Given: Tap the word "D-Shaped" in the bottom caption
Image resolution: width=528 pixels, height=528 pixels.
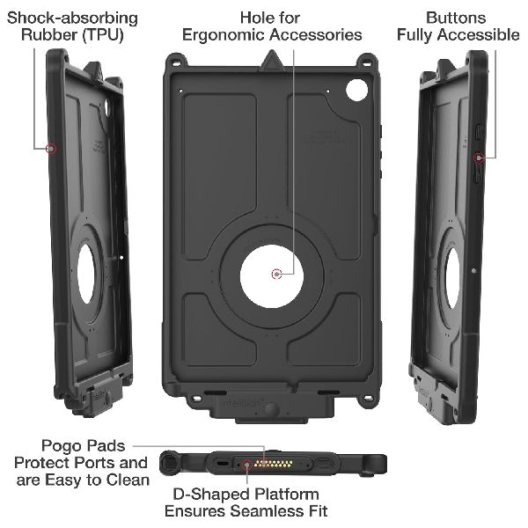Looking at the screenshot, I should tap(202, 494).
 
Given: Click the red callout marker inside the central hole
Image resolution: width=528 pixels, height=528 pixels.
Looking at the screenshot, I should tap(277, 274).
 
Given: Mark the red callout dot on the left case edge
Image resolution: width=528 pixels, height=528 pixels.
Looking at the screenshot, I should tap(52, 149).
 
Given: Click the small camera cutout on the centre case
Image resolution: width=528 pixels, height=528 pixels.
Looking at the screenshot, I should tap(357, 89).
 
